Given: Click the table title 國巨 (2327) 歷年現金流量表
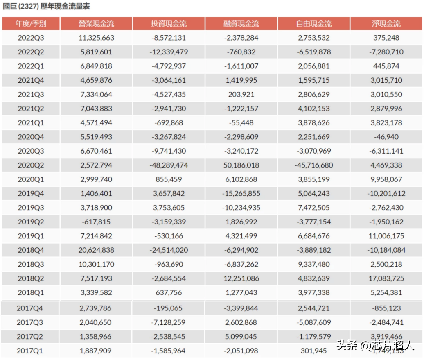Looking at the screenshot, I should tap(46, 6).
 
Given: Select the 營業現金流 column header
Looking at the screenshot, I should tap(96, 24).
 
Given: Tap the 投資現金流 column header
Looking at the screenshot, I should tap(169, 24).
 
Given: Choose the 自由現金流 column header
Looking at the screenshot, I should tap(314, 24).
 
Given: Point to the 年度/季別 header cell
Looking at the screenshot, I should tap(31, 24).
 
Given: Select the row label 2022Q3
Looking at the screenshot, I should tap(31, 38).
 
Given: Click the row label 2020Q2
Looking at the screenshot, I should tap(31, 165).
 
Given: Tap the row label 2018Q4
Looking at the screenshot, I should tap(31, 250).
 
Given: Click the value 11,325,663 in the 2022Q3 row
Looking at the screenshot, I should tap(96, 38).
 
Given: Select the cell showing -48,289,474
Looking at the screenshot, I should tap(169, 165).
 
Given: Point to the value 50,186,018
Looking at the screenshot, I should tap(241, 165).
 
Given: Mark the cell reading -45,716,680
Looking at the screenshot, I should tap(314, 165).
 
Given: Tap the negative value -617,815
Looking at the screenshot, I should tap(96, 222).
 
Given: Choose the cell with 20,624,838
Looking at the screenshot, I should tap(96, 250).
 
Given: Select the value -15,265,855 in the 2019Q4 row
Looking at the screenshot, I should tap(241, 194).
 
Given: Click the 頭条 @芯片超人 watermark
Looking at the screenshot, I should tap(375, 345).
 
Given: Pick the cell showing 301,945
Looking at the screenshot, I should tap(314, 351).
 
